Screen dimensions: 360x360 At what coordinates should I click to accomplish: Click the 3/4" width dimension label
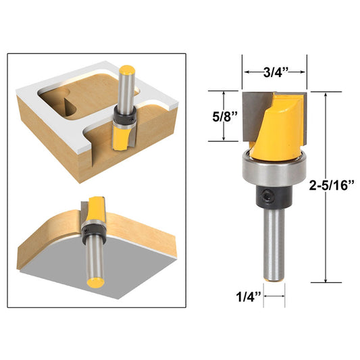pyautogui.click(x=274, y=71)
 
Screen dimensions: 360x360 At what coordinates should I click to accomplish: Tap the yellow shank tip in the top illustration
pyautogui.click(x=126, y=69)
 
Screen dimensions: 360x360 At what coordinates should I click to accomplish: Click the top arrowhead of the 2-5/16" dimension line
pyautogui.click(x=326, y=93)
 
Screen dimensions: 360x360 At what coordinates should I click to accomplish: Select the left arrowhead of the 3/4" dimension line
pyautogui.click(x=245, y=72)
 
